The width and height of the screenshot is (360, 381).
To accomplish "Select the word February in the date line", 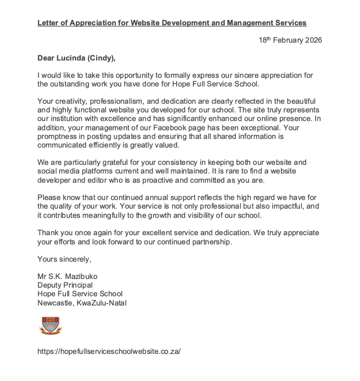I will coord(286,40).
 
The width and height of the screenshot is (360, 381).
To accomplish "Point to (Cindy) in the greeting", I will coord(102,58).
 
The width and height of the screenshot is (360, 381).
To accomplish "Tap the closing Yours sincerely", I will coord(64,259).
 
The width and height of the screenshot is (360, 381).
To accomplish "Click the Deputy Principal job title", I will coord(65,285).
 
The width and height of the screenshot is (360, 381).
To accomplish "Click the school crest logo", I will coord(50,326).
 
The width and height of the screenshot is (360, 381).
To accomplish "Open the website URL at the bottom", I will coord(109,351).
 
